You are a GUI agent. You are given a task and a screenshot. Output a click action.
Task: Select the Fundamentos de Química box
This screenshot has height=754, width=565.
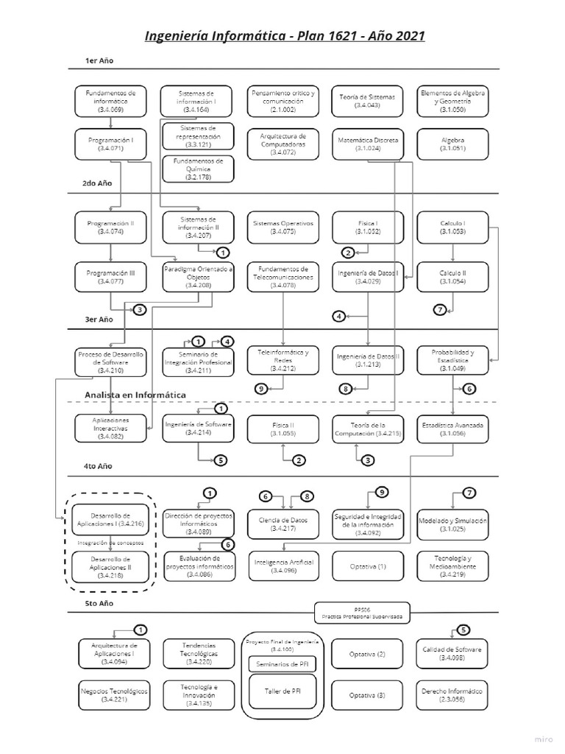coord(197,169)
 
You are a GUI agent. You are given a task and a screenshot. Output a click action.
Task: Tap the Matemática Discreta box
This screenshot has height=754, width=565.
coord(368,143)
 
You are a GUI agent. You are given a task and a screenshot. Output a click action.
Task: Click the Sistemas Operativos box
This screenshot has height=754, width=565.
coord(282,227)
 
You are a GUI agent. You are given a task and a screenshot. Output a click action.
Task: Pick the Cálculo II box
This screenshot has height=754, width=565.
coord(452,277)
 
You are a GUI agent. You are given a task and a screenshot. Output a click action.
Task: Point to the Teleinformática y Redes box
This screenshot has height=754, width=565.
coord(282,358)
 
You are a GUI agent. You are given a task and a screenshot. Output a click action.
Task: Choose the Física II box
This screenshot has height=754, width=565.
coord(282,429)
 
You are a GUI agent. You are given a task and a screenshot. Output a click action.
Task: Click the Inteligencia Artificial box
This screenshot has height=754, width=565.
coord(282,565)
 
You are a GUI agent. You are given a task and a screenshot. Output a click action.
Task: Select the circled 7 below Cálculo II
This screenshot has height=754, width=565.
coord(441,310)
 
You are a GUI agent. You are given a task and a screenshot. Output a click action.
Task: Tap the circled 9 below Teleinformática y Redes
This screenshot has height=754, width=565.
coord(260,388)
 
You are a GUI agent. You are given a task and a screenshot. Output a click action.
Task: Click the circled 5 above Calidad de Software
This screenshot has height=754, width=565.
coord(463,630)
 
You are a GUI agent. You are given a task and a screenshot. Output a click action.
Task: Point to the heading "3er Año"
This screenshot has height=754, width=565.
coord(99,320)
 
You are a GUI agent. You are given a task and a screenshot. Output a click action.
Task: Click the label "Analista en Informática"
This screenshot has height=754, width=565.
coord(135,395)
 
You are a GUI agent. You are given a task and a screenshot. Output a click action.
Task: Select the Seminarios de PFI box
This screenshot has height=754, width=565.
coord(282,663)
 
